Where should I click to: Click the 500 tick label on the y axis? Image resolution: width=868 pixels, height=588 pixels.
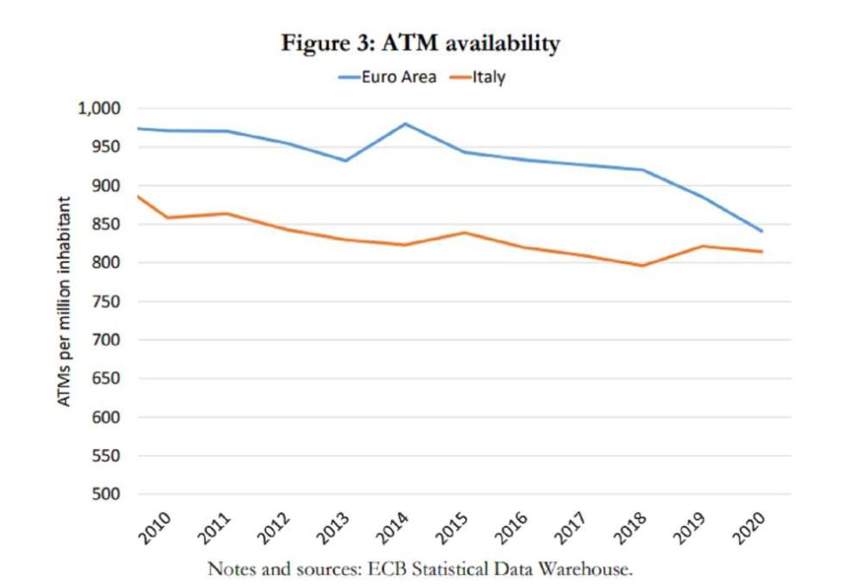click(112, 495)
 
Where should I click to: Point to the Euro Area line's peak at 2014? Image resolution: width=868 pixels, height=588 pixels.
click(405, 123)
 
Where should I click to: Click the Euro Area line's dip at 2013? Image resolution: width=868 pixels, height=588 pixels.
click(346, 161)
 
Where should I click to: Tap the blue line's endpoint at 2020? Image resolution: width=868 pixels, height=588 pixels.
click(762, 232)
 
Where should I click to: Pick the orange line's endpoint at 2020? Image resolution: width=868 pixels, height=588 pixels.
click(762, 252)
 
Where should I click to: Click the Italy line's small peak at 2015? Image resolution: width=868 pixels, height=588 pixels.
click(465, 232)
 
